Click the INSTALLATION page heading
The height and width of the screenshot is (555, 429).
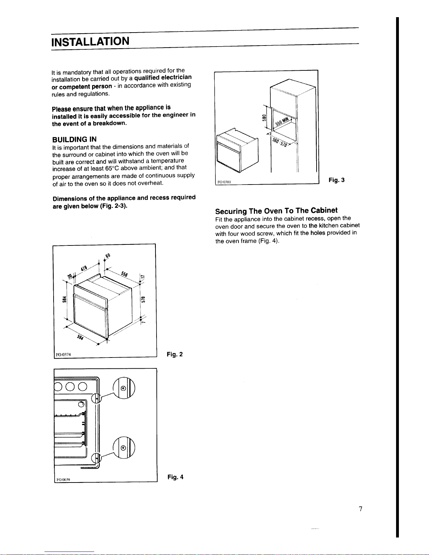coord(90,41)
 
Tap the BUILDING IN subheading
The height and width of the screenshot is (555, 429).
coord(74,139)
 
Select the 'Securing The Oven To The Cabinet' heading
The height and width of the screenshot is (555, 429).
coord(276,211)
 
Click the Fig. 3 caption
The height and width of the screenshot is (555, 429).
coord(337,180)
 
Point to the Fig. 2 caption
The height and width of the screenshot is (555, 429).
coord(175,354)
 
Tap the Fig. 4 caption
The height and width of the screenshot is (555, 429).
coord(175,477)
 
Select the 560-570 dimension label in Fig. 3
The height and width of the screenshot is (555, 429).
coord(279,142)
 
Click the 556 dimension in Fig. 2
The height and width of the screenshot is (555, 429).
coord(124,274)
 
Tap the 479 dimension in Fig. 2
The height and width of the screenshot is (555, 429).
coord(84,268)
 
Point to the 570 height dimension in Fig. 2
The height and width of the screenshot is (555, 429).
coord(143,299)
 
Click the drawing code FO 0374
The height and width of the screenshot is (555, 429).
coord(63,354)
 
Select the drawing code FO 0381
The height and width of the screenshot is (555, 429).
coord(224,182)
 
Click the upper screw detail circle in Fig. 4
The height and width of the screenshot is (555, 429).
coord(124,388)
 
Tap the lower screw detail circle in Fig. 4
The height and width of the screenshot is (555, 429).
coord(124,448)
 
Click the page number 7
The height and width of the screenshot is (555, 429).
coord(361,509)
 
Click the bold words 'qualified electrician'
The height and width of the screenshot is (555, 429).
coord(163,77)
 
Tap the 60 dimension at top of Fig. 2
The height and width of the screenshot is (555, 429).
coord(108,256)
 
